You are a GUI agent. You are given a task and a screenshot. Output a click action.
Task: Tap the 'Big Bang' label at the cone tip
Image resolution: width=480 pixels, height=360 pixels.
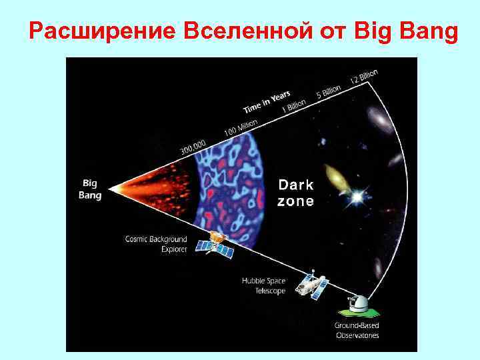(x=90, y=189)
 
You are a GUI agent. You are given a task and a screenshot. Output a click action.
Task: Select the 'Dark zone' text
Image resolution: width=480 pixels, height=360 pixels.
(x=295, y=193)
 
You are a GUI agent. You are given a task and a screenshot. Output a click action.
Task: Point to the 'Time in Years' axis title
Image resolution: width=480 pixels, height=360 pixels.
(x=271, y=101)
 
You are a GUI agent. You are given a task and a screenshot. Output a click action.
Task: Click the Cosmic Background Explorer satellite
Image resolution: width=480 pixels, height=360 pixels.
(x=215, y=244)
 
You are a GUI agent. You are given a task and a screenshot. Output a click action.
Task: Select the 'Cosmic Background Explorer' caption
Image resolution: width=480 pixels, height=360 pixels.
(x=156, y=243)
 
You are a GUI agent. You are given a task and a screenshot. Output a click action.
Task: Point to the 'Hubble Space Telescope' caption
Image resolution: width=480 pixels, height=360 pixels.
(x=263, y=286)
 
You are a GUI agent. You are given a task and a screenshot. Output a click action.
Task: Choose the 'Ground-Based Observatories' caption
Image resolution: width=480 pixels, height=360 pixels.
(x=357, y=330)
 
